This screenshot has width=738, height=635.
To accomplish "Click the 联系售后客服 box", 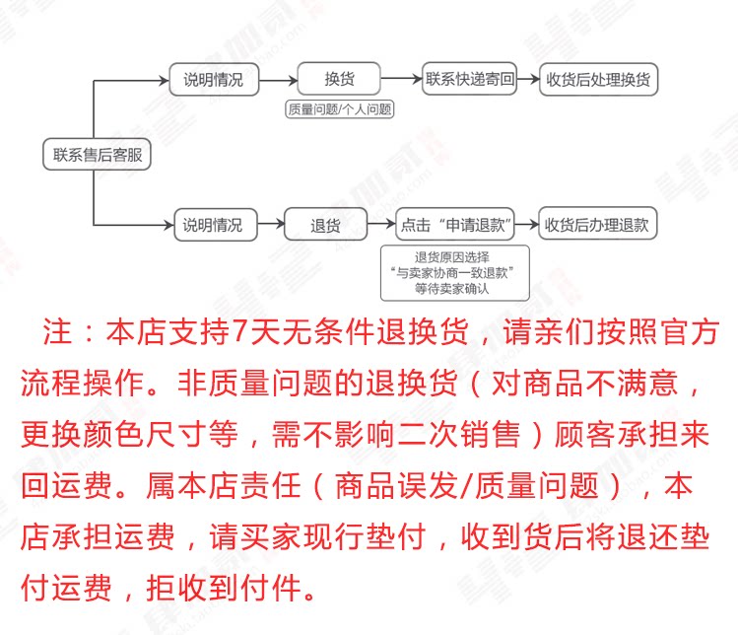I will (96, 154).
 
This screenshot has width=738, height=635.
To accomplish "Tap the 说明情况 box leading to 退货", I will (212, 224).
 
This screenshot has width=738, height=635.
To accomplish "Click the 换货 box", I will (339, 80).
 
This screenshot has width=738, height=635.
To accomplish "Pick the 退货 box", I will (325, 224).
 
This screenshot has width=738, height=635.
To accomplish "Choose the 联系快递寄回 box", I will (470, 80).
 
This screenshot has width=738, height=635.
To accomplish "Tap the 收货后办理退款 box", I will (597, 224).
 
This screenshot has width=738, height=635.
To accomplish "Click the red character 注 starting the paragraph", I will (53, 332).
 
